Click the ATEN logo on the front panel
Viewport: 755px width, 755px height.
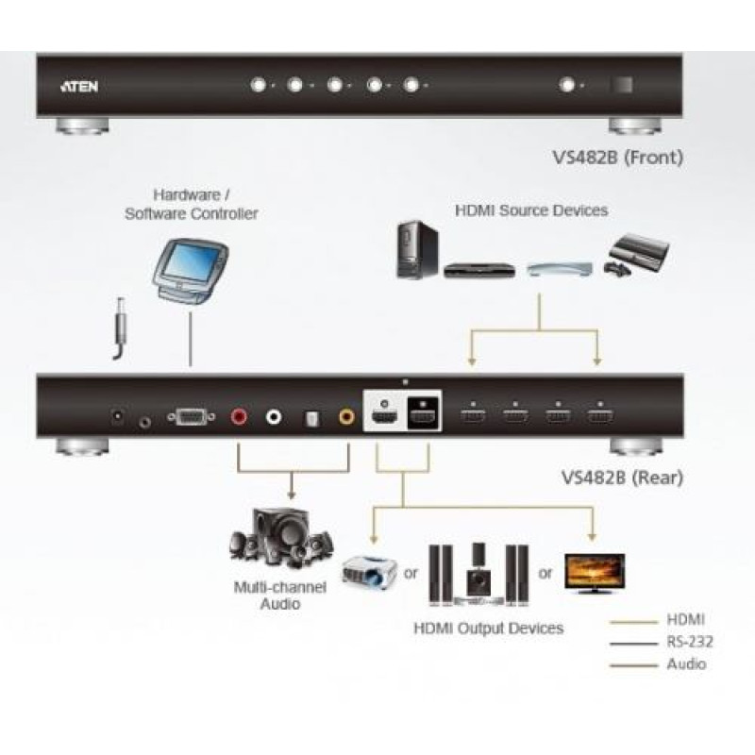79,86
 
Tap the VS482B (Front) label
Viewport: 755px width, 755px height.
618,158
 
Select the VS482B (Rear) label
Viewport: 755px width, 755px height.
622,478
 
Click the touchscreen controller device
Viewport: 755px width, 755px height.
190,271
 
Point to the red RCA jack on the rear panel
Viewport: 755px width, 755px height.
239,416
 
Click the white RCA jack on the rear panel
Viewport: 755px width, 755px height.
274,416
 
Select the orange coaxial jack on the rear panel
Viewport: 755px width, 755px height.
346,416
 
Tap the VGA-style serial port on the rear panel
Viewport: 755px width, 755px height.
192,417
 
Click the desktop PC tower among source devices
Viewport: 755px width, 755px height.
417,250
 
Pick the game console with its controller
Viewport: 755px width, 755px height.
636,255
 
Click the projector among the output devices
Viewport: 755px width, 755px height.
369,572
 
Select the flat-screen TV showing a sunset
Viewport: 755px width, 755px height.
595,573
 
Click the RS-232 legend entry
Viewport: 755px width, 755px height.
690,642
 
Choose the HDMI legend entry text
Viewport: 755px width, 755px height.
686,620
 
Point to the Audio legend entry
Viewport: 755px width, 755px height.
686,664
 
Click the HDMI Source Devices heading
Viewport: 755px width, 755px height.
531,210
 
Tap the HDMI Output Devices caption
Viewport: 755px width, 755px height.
488,629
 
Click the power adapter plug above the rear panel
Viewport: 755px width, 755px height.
120,328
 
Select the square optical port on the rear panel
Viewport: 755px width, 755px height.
311,418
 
